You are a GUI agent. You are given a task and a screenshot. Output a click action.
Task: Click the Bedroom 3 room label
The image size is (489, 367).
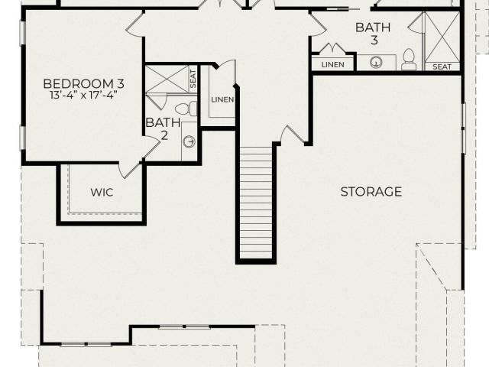tap(83, 83)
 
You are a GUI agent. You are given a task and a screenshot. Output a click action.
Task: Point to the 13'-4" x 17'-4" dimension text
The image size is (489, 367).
tap(83, 95)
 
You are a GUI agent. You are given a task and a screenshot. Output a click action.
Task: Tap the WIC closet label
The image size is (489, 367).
tap(102, 192)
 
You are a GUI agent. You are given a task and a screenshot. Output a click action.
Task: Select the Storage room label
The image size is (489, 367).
tap(371, 191)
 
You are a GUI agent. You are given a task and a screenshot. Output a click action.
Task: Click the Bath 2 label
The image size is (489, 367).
tap(163, 129)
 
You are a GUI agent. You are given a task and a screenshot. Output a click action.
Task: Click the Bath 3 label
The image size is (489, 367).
tap(374, 34)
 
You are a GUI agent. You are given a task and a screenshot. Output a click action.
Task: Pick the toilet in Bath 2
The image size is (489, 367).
tap(186, 109)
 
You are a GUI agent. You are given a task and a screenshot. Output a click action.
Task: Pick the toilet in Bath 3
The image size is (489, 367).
tap(408, 60)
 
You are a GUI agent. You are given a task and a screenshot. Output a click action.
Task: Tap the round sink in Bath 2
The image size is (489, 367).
tap(189, 141)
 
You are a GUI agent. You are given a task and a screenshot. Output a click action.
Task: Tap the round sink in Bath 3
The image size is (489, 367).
tap(376, 63)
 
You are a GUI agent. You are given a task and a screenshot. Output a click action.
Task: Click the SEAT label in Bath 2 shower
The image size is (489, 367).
tap(193, 79)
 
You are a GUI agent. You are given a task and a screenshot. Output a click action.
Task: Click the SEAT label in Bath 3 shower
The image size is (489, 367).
tap(442, 67)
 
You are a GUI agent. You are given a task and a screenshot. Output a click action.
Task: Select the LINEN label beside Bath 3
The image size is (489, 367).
tap(333, 64)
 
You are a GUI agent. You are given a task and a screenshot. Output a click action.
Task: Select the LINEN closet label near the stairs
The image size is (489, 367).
tap(222, 99)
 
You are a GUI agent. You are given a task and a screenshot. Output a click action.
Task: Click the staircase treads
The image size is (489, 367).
tap(257, 202)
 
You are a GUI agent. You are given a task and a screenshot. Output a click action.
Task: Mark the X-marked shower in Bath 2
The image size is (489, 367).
tap(167, 79)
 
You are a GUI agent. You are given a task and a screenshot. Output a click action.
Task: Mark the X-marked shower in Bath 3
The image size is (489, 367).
tap(442, 37)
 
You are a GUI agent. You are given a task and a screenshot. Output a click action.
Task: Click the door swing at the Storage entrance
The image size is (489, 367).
tap(293, 135)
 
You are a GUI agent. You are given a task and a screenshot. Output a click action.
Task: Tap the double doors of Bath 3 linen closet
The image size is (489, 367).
tap(333, 48)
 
